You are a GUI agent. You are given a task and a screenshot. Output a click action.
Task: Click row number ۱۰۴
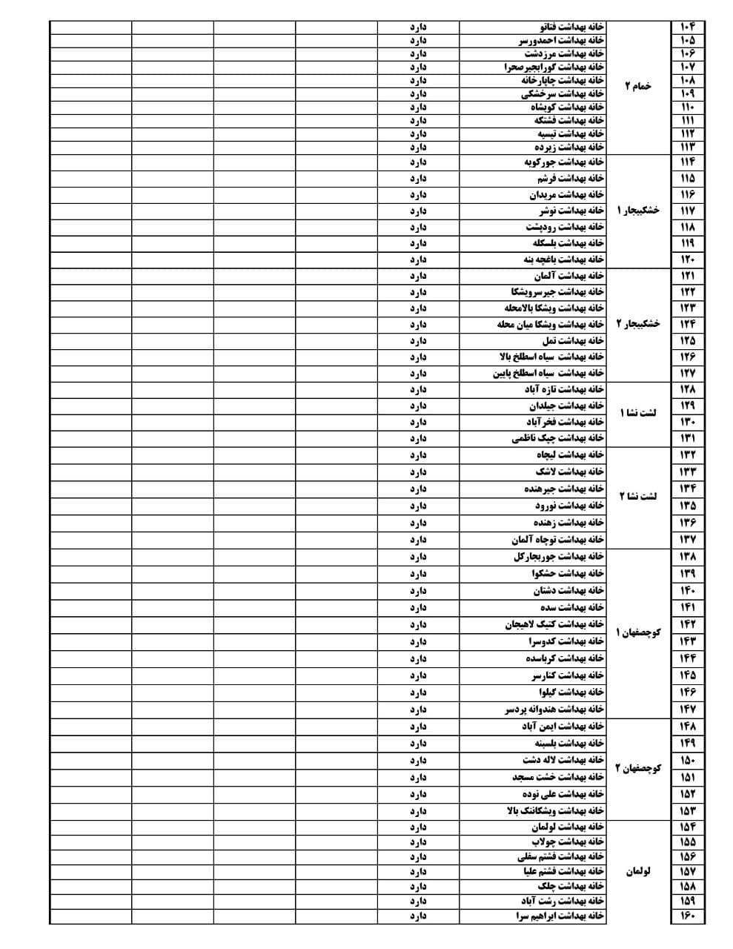click(687, 27)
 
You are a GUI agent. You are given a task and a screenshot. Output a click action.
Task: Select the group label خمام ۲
click(637, 87)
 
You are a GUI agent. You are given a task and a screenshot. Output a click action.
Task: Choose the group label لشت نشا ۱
click(639, 413)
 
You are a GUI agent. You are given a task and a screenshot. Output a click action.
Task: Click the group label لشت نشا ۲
click(639, 497)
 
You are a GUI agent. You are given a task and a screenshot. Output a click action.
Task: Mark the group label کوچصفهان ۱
click(637, 633)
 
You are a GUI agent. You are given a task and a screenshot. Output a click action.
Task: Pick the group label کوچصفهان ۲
click(637, 768)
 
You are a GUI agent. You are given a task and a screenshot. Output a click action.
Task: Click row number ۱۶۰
click(687, 917)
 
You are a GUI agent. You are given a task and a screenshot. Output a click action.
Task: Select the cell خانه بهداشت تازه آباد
click(565, 389)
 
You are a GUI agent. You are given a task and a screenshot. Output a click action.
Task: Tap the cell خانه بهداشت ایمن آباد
click(563, 727)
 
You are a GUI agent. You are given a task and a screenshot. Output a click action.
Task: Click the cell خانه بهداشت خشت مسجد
click(558, 777)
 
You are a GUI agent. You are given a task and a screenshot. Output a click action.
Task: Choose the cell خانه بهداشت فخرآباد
click(565, 422)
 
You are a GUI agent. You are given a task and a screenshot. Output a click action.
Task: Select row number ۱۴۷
click(687, 710)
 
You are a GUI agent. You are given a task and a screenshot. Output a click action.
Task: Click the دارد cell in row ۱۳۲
click(419, 454)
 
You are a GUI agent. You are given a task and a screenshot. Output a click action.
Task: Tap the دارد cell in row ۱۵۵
click(419, 842)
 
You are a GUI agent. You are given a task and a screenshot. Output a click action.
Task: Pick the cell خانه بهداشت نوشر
click(571, 211)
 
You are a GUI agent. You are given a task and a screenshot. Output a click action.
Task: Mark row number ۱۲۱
click(687, 276)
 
